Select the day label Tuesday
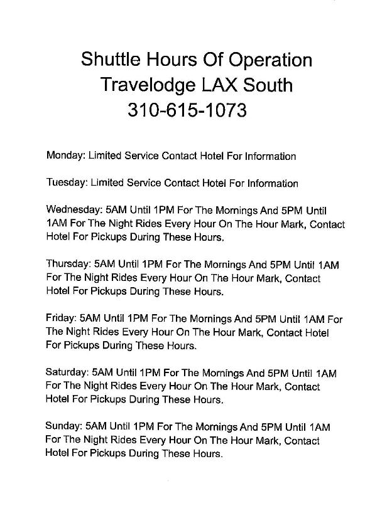pyautogui.click(x=67, y=184)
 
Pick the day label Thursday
pyautogui.click(x=68, y=265)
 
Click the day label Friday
pyautogui.click(x=60, y=319)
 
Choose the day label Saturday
pyautogui.click(x=67, y=373)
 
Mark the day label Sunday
pyautogui.click(x=63, y=427)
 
